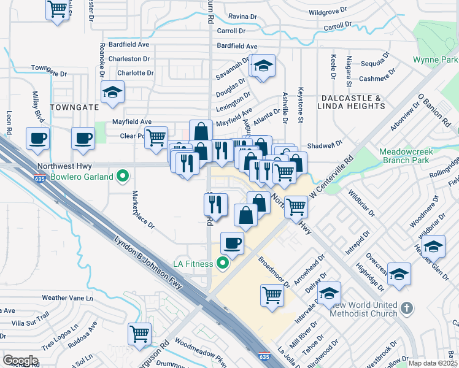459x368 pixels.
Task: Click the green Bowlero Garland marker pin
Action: (x=123, y=177)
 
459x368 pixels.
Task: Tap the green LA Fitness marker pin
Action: (x=223, y=264)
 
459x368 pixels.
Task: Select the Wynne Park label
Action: (x=435, y=60)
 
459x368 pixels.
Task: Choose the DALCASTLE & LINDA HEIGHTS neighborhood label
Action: (x=351, y=102)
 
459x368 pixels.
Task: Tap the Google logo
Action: (x=20, y=360)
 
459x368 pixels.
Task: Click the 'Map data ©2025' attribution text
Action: (x=433, y=363)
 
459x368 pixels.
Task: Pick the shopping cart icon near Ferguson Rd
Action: (x=140, y=334)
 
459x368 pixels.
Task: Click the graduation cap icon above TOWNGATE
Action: (x=112, y=93)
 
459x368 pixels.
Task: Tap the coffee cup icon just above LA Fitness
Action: (x=233, y=243)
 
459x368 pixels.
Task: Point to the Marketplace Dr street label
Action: (x=142, y=209)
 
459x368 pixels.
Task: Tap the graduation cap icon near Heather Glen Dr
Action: (x=433, y=246)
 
